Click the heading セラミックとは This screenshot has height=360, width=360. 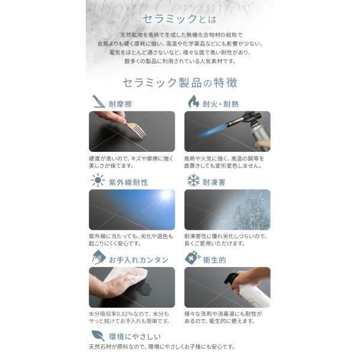point(179,19)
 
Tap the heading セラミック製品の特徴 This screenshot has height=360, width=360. point(180,83)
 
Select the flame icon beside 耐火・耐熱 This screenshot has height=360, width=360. point(194,101)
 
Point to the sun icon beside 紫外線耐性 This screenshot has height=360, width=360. point(98,180)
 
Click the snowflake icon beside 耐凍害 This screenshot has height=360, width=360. point(193,180)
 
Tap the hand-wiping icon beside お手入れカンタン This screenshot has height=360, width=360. point(99,257)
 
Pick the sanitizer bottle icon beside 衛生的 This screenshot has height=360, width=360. point(193,257)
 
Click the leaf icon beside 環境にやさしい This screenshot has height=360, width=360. point(98,335)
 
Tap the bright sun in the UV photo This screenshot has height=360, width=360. point(166,196)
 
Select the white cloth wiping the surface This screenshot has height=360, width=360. point(126,275)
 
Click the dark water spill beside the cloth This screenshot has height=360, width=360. point(145,288)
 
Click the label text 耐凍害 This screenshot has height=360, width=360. point(214,182)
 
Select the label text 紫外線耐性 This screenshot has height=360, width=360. point(128,182)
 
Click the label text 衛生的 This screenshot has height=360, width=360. point(214,260)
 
